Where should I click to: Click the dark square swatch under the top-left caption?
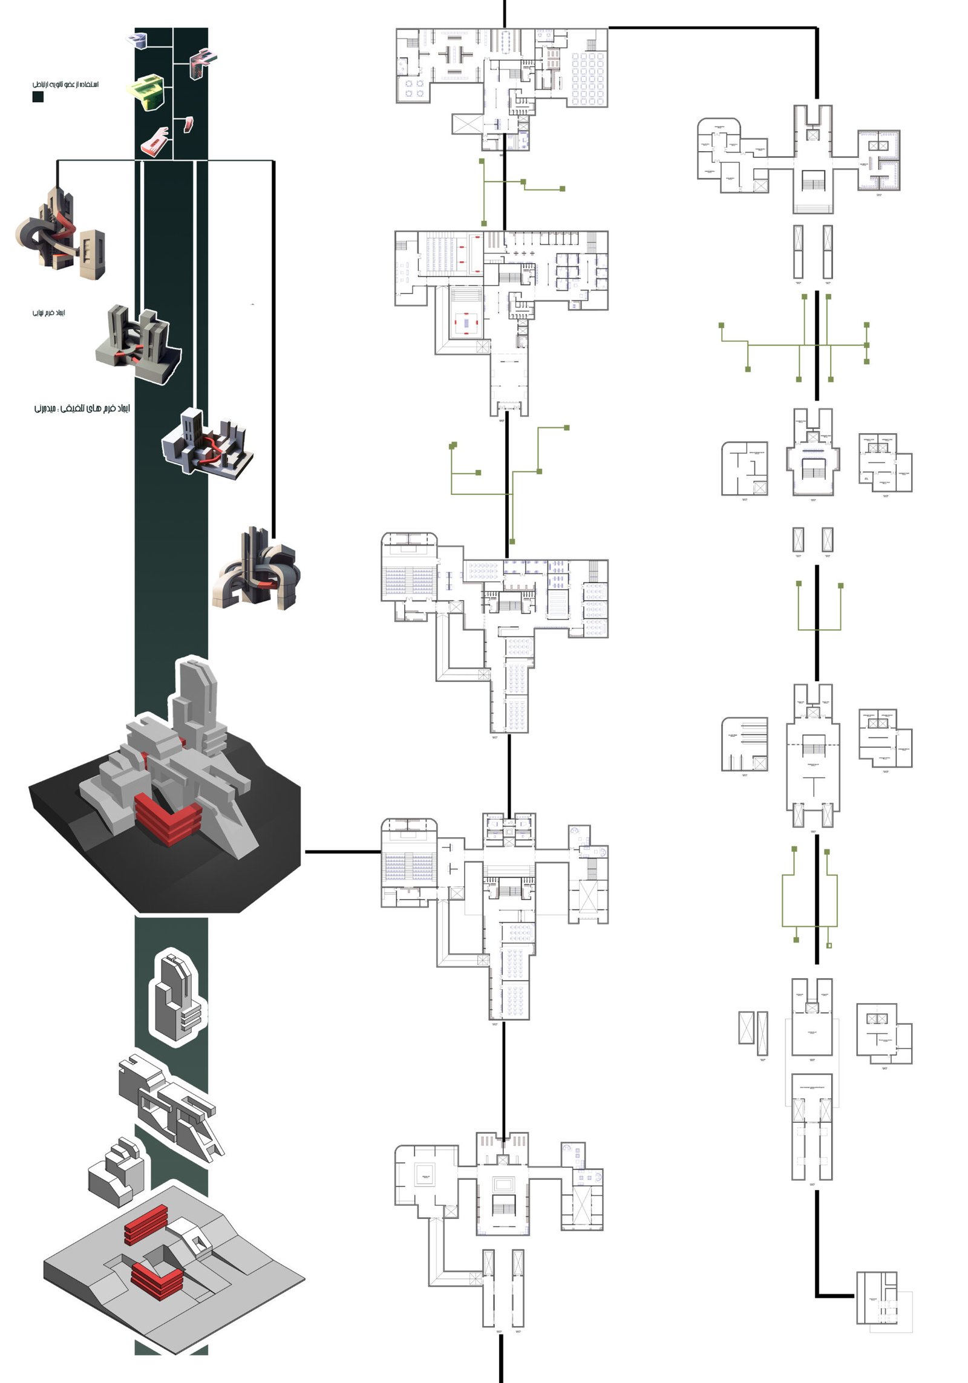tap(38, 97)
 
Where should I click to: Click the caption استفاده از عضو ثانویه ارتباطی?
tap(65, 84)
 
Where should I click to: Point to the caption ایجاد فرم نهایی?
tap(48, 313)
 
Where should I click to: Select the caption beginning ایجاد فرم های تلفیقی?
tap(82, 409)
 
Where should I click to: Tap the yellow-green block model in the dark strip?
tap(146, 92)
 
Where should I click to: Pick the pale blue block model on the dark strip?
tap(137, 40)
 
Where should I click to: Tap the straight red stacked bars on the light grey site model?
tap(146, 1223)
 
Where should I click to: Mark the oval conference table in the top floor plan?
tap(505, 40)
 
